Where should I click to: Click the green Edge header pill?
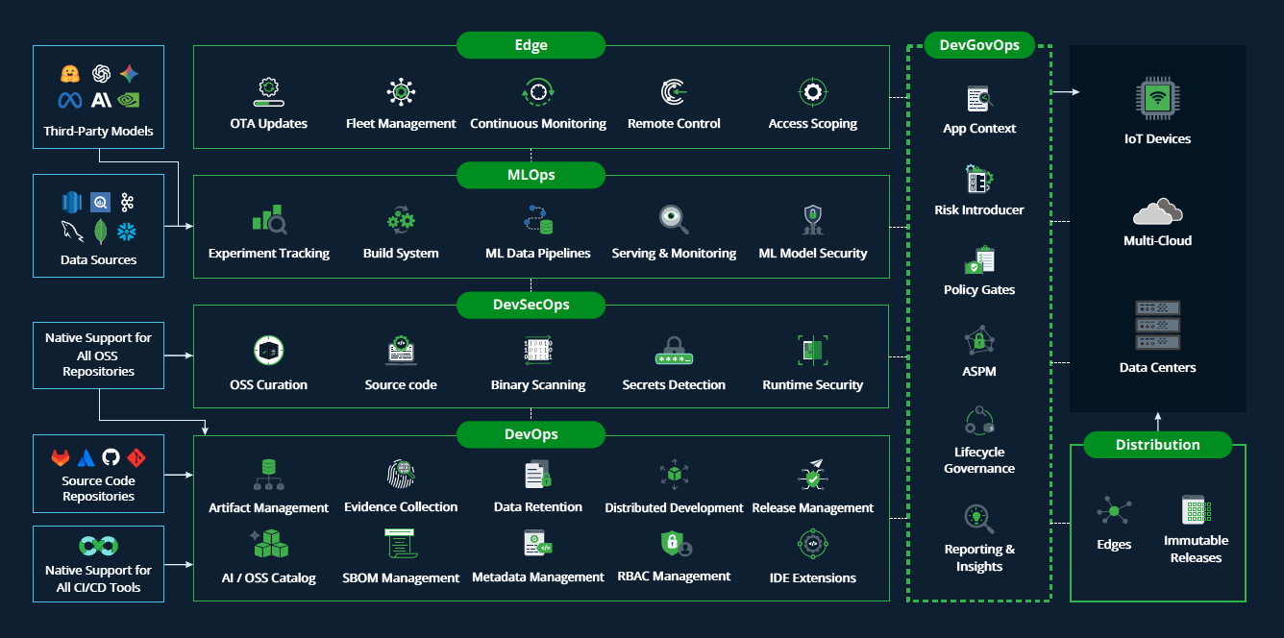click(531, 45)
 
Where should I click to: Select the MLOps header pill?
click(531, 175)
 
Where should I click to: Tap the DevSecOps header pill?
click(531, 305)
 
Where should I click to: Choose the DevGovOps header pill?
click(979, 45)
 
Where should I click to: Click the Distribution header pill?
click(1157, 445)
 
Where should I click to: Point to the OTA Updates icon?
click(268, 92)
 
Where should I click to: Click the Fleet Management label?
click(401, 124)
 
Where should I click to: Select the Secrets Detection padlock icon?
click(674, 351)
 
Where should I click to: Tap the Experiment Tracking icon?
click(269, 220)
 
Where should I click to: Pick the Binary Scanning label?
click(537, 385)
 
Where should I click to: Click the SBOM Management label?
click(401, 578)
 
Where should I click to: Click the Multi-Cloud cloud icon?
click(1157, 210)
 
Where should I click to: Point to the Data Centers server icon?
click(1157, 326)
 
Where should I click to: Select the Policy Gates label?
click(979, 290)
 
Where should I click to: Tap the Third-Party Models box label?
click(98, 132)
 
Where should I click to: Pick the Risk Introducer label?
click(979, 210)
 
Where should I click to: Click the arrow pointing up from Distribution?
click(1157, 420)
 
